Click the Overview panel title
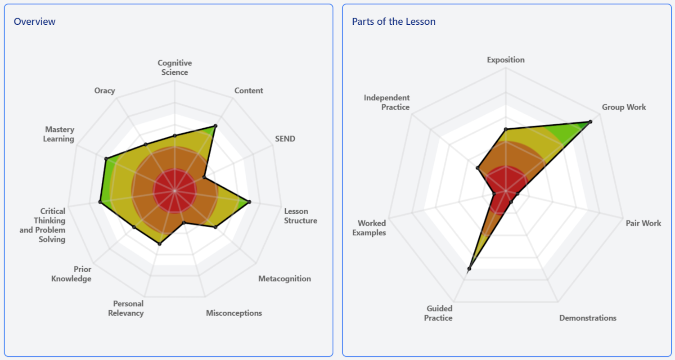(x=35, y=22)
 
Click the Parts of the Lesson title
(x=394, y=22)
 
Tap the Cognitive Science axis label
(x=175, y=67)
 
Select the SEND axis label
(x=285, y=139)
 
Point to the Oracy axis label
(x=104, y=90)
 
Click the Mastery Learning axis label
(x=59, y=134)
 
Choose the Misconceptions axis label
(x=234, y=313)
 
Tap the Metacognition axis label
(x=284, y=279)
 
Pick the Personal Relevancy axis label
(x=126, y=308)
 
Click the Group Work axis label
(x=624, y=107)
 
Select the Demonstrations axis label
(x=588, y=318)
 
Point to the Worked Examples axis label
(x=372, y=228)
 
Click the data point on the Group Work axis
(x=590, y=121)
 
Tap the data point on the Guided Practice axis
(x=469, y=269)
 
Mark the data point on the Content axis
(x=216, y=126)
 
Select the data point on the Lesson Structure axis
(x=249, y=202)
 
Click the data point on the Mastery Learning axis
(x=106, y=158)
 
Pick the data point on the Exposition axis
(x=506, y=129)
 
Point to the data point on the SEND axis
(x=204, y=178)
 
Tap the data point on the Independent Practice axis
(x=477, y=168)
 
